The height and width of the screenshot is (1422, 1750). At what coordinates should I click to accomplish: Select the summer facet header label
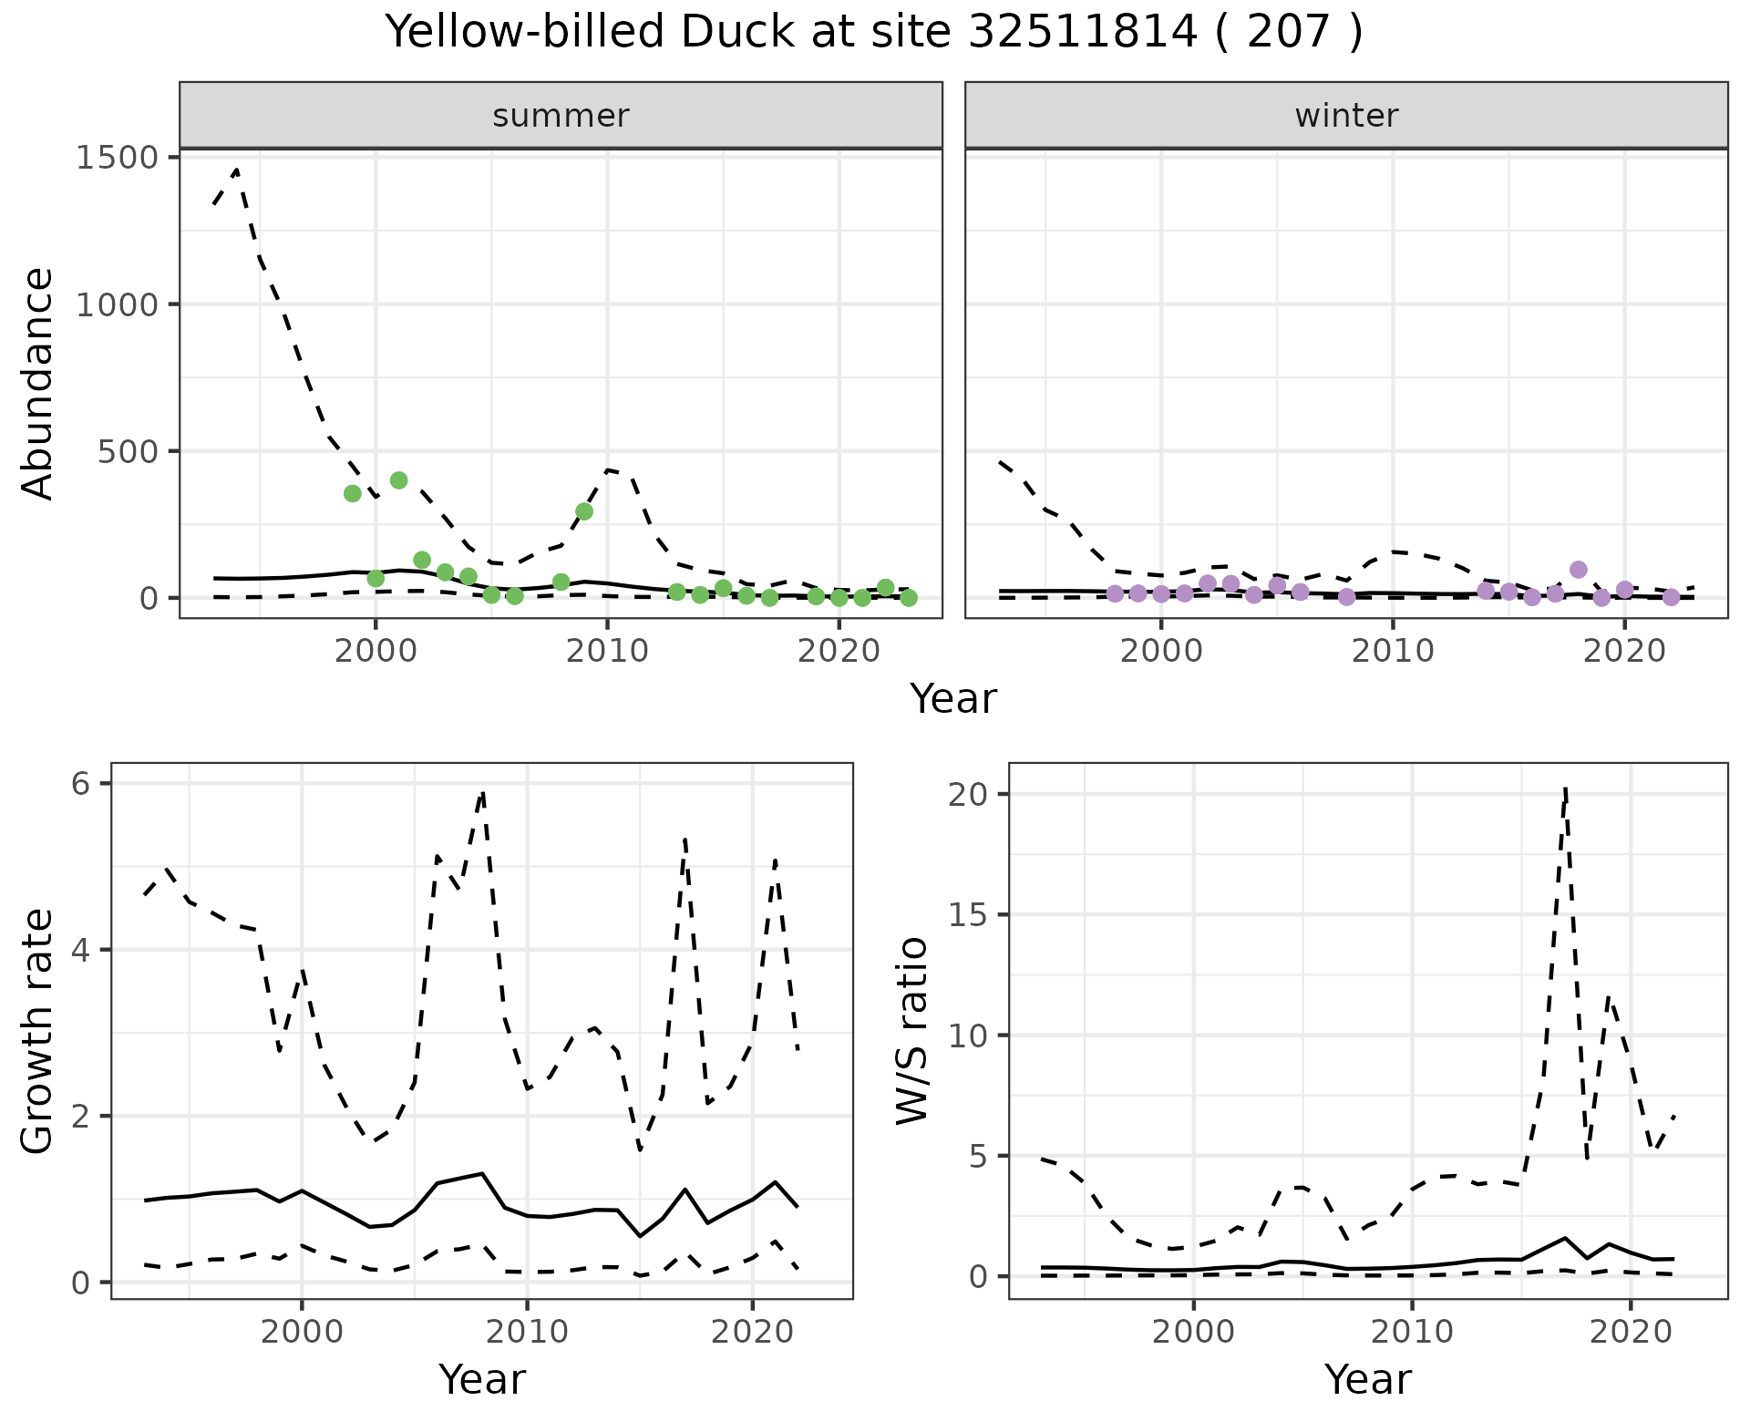click(561, 116)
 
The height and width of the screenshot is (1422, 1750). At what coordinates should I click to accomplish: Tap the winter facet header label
click(1346, 116)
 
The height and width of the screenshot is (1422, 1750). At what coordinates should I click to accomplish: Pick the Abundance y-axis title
click(38, 383)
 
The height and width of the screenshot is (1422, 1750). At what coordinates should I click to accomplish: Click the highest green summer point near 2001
click(398, 480)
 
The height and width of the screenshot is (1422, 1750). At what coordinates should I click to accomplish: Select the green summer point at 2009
click(584, 511)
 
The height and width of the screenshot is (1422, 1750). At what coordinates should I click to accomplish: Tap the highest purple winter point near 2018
click(1579, 570)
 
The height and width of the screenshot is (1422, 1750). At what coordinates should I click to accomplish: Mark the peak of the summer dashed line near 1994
click(237, 170)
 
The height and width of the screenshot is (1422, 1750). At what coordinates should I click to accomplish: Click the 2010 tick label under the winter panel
click(1392, 653)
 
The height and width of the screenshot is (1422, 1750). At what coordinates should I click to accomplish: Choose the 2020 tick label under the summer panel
click(839, 653)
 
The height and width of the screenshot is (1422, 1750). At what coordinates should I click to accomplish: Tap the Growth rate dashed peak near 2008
click(482, 793)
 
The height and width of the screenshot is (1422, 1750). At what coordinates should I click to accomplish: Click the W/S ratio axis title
click(911, 1030)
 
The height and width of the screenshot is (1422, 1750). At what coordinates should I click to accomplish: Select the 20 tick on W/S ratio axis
click(970, 795)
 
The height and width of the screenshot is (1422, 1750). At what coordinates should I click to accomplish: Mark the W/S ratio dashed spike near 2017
click(1565, 788)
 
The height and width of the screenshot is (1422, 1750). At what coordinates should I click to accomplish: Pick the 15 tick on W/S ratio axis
click(970, 915)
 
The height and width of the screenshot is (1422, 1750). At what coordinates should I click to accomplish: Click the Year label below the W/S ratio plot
click(1367, 1379)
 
